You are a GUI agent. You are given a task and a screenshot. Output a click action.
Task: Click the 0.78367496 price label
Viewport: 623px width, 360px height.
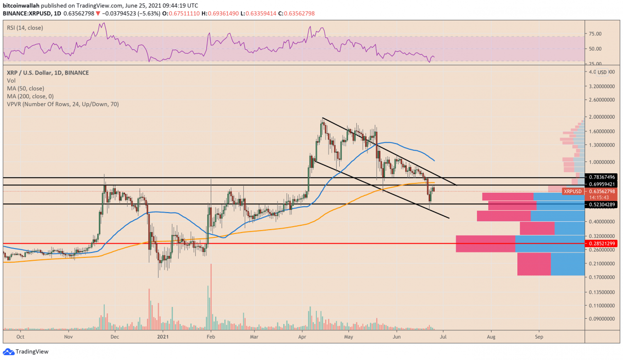[x=602, y=177]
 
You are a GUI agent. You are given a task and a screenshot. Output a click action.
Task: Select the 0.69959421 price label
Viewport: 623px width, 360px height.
[x=602, y=184]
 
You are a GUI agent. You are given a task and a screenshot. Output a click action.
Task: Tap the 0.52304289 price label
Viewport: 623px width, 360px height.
[x=602, y=205]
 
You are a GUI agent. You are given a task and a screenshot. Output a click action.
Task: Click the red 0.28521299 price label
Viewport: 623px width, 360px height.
[x=602, y=243]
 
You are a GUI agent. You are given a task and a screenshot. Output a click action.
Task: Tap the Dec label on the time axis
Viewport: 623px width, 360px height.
[x=114, y=336]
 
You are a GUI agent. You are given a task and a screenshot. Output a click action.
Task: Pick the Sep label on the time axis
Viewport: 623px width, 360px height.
[x=538, y=336]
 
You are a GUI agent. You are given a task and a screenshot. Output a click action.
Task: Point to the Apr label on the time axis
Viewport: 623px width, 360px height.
[x=302, y=336]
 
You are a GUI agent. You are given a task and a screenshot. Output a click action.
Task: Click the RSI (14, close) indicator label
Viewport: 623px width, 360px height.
[x=25, y=28]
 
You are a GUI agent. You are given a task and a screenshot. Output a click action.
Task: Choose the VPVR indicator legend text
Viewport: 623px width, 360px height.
[x=63, y=104]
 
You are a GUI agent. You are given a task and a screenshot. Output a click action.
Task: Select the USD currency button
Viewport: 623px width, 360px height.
[x=602, y=72]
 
